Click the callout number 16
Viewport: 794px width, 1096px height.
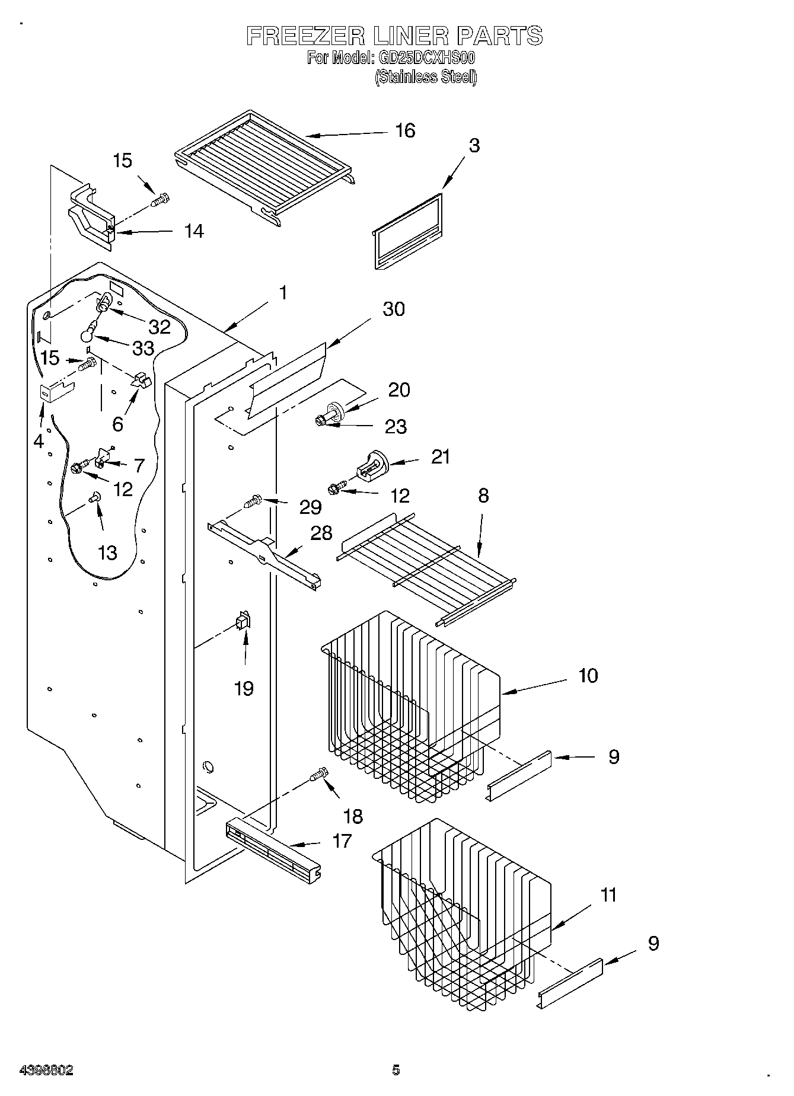[405, 130]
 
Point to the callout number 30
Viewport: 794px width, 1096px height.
[393, 309]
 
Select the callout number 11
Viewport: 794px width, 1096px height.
[608, 894]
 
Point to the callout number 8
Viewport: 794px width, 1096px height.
[483, 496]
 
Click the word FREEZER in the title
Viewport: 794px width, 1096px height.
[306, 36]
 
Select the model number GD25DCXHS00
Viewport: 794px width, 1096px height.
[426, 58]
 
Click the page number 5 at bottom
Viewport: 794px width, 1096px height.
[396, 1070]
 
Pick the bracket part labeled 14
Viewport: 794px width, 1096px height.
[90, 216]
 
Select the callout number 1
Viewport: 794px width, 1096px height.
[283, 293]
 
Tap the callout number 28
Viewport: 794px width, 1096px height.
[321, 532]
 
